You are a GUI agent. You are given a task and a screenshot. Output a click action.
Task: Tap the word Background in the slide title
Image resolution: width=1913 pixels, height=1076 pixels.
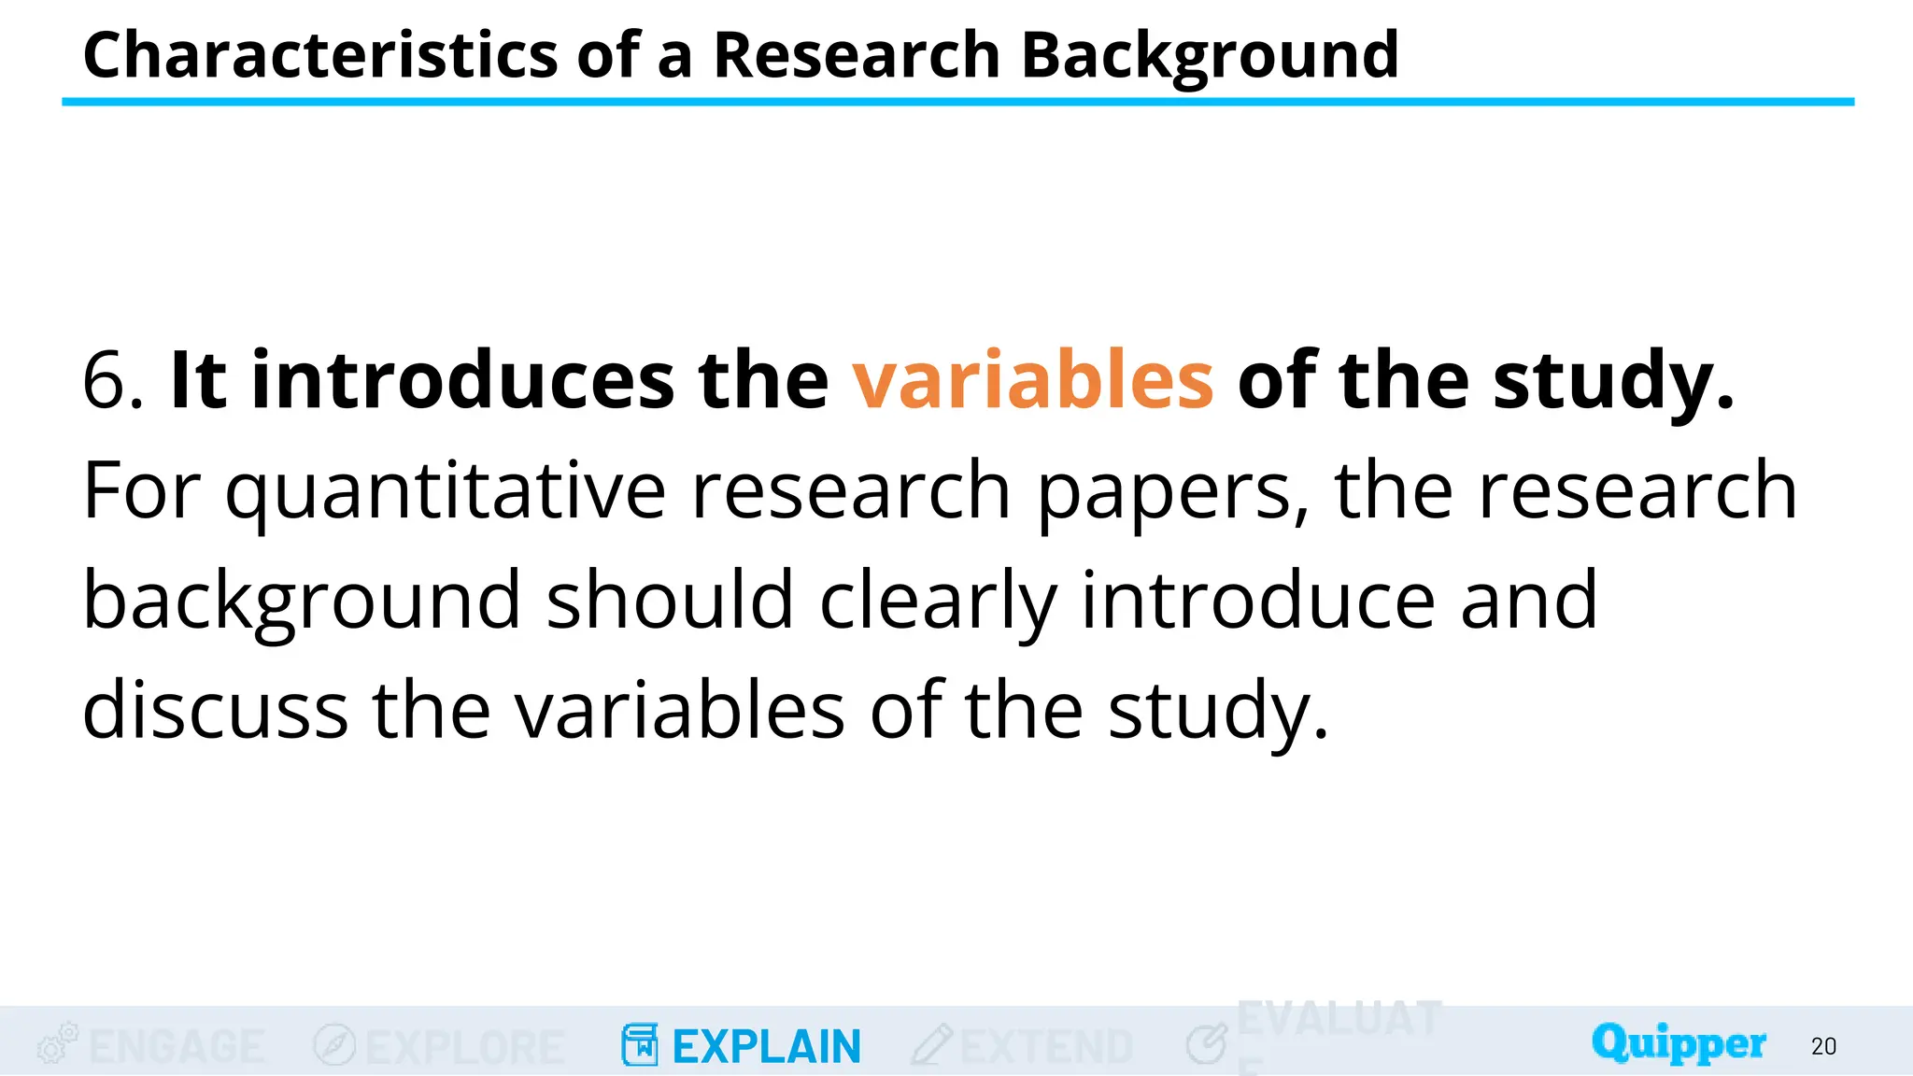coord(1210,55)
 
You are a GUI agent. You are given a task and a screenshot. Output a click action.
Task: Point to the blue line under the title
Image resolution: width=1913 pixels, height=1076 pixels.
coord(957,102)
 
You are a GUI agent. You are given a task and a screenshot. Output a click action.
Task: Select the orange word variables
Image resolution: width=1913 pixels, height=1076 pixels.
coord(1032,380)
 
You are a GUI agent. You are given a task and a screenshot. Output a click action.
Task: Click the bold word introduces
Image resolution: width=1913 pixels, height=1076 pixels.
coord(462,380)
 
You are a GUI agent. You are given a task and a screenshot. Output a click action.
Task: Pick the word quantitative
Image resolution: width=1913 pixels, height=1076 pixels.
coord(446,491)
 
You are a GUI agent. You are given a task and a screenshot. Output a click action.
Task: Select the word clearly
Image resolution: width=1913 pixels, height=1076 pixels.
coord(938,600)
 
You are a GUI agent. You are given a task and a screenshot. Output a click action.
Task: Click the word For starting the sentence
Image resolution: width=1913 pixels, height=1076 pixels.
coord(141,491)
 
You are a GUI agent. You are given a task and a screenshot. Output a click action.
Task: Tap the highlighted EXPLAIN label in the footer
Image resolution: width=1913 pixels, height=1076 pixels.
coord(766,1047)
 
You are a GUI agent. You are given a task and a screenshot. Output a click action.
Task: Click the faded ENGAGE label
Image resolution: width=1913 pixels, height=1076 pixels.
coord(177,1047)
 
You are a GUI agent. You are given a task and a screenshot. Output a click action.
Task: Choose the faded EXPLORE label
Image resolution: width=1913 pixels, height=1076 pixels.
coord(464,1047)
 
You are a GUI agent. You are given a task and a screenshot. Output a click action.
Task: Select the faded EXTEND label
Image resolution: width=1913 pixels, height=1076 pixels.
coord(1046,1047)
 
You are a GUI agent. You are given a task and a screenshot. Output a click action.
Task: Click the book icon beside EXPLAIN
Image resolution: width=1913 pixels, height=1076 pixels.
coord(640,1045)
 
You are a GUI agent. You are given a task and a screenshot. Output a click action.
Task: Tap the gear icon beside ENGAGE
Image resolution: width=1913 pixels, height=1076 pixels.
coord(57,1043)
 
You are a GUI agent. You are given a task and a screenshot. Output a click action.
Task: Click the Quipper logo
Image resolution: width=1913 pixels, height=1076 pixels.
coord(1679,1043)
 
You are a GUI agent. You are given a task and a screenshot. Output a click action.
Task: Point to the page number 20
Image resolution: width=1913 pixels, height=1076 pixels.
coord(1823,1047)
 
